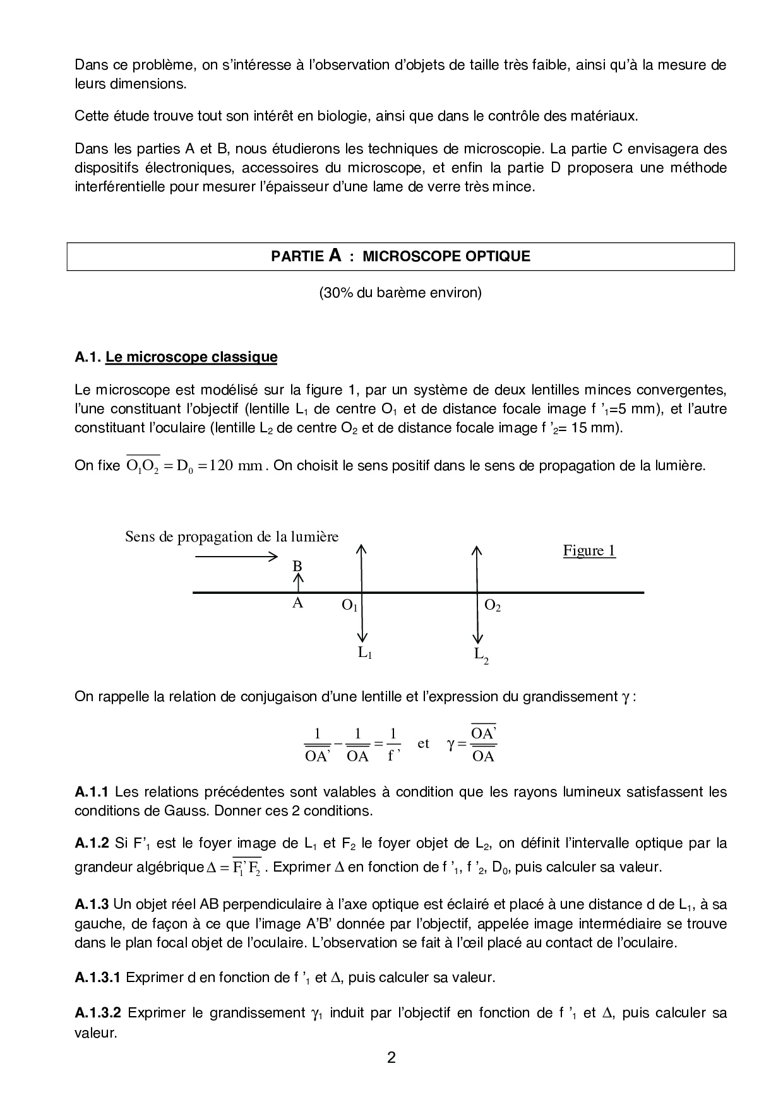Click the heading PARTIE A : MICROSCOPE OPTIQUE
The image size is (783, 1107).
point(400,256)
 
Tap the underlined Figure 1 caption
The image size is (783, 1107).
point(589,551)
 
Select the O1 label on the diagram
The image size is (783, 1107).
point(350,606)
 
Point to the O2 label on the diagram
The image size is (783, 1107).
point(493,606)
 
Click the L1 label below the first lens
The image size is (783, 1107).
point(365,653)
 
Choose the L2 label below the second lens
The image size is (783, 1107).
point(481,655)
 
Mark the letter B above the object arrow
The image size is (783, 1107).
point(297,566)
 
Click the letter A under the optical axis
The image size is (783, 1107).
point(297,603)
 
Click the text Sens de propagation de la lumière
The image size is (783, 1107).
point(232,536)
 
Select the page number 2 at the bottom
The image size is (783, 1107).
point(391,1058)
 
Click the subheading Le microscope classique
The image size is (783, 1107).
point(191,357)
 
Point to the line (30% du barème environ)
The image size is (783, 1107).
point(400,293)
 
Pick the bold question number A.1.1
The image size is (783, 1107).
point(92,791)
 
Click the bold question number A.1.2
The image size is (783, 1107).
point(92,843)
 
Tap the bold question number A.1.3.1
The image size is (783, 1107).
point(97,977)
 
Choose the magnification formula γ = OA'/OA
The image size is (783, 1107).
point(472,745)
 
